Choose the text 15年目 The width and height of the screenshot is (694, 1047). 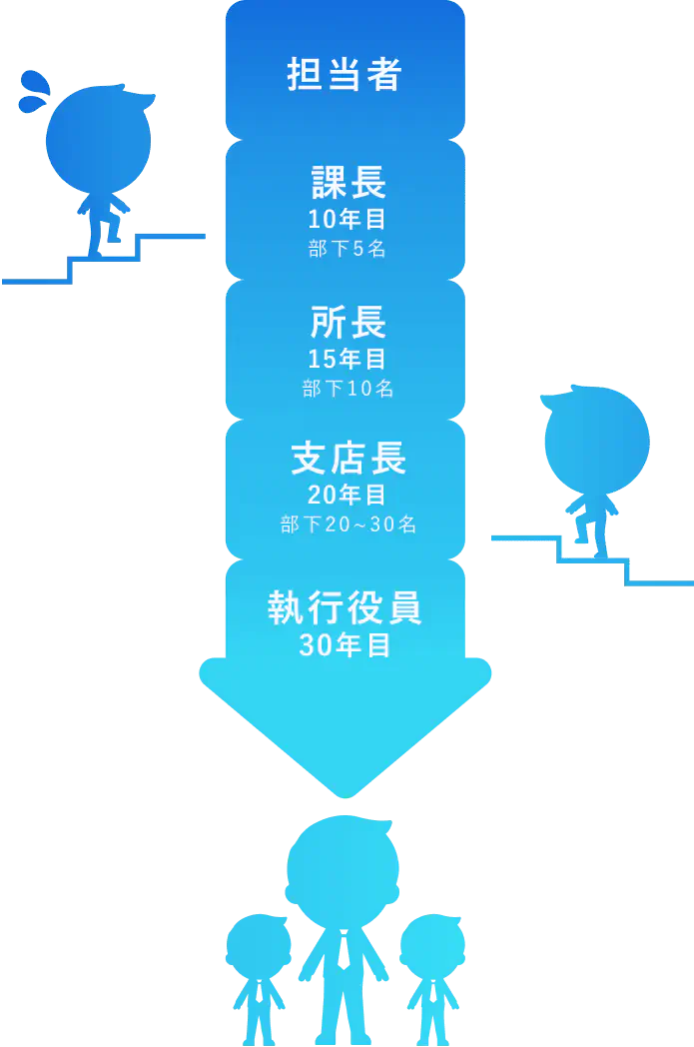pos(347,359)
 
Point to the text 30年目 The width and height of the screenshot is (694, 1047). pos(345,645)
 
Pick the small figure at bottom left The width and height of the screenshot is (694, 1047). pos(258,974)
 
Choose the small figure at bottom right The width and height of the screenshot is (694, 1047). pos(432,974)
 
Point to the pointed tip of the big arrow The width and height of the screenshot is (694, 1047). pos(345,794)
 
